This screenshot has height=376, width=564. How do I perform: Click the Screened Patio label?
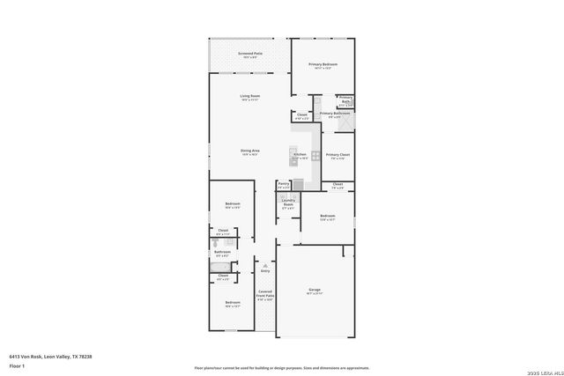pos(249,55)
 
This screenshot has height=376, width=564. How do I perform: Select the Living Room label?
pos(249,97)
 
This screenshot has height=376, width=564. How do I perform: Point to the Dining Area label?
pos(249,151)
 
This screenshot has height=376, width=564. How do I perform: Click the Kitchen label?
pos(300,155)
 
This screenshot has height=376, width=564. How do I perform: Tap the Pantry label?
pos(284,185)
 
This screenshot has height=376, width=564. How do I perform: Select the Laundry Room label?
pos(287,203)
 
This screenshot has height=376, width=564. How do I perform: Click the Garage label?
pos(314,290)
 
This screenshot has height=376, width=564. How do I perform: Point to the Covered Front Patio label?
pos(264,295)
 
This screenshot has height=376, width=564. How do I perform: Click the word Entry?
pos(264,271)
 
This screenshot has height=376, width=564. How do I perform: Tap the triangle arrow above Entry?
pos(264,263)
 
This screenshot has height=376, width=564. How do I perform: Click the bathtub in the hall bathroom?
pos(220,266)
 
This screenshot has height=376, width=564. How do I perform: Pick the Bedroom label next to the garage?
pos(328,217)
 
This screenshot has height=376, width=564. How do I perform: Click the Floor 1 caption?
pos(18,365)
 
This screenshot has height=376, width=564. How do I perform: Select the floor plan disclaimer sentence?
pos(281,367)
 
